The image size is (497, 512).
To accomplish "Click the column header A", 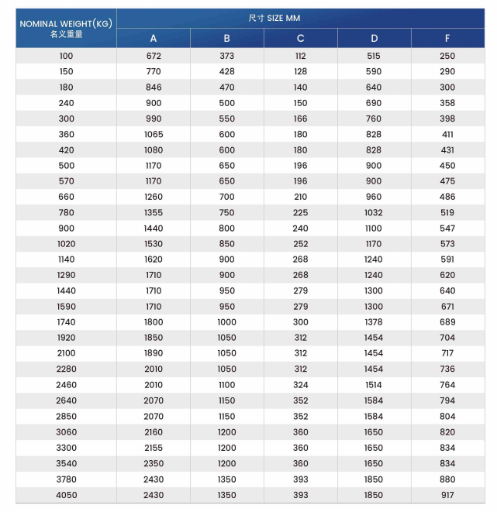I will pos(154,38).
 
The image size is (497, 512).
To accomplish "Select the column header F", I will pos(447,38).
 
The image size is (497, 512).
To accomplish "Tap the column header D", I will pos(374,38).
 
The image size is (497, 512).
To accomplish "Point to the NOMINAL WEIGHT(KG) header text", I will pos(66,23).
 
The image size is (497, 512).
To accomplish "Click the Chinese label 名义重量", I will pos(66,34).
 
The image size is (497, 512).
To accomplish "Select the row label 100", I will pos(66,56).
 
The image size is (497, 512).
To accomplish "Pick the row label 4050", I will pos(66,495).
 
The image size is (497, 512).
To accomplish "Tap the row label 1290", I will pos(66,275).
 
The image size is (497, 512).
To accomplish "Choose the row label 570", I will pos(66,181).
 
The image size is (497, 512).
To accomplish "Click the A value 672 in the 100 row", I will pos(154,56).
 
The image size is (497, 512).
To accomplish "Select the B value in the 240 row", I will pos(226,103).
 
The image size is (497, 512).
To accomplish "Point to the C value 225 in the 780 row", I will pos(300,212).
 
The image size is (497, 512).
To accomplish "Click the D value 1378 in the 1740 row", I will pos(374,322).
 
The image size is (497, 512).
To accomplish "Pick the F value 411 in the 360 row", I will pos(447,134).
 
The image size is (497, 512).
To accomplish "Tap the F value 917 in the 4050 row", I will pos(447,495).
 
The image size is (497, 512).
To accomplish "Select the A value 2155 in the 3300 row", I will pos(154,448).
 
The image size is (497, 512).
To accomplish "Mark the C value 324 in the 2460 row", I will pos(300,385).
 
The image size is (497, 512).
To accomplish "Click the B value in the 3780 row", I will pos(226,479).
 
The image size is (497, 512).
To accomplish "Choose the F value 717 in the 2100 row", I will pos(447,353).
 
